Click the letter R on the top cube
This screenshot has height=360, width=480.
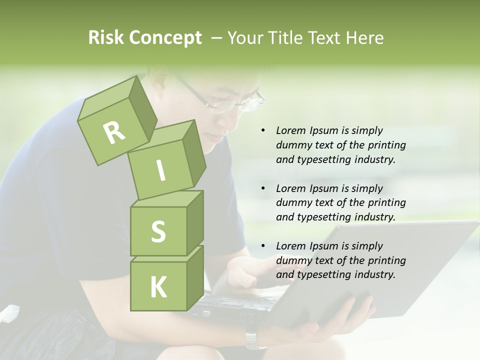pos(114,132)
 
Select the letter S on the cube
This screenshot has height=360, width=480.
pos(158,231)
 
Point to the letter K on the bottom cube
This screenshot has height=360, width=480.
pos(158,287)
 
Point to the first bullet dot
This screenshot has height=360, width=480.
pos(263,130)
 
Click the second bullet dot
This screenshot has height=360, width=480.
pos(263,188)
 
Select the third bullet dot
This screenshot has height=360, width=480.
pos(263,246)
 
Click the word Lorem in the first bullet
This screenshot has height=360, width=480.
pos(291,130)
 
